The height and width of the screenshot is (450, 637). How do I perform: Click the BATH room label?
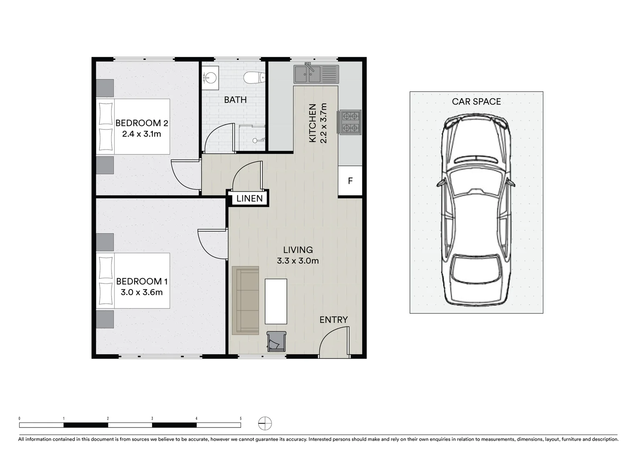click(235, 100)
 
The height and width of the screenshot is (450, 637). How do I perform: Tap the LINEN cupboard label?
click(249, 199)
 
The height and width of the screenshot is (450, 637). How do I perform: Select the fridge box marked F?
click(350, 181)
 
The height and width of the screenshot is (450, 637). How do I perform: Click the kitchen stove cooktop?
click(350, 122)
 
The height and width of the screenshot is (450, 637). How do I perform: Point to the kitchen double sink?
click(316, 74)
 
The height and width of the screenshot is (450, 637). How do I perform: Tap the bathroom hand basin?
click(210, 77)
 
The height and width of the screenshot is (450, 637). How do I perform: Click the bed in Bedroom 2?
click(133, 127)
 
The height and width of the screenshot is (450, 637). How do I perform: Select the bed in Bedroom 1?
click(133, 280)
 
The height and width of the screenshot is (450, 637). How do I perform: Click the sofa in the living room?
click(245, 300)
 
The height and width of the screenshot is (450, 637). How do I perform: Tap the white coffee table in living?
click(276, 301)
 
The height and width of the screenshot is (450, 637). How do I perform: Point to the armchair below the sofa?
click(276, 341)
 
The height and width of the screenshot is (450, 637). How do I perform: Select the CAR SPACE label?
click(476, 102)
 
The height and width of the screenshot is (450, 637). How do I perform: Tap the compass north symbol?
click(265, 423)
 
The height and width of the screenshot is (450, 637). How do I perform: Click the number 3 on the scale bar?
click(152, 418)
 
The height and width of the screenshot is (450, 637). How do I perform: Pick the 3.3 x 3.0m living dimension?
click(297, 261)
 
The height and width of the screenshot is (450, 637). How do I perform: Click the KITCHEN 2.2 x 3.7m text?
click(317, 123)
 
